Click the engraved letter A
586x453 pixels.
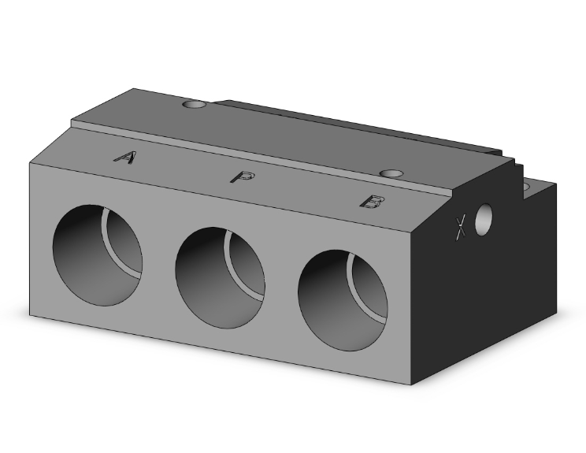point(124,158)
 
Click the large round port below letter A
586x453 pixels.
point(98,254)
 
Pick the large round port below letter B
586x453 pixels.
point(343,301)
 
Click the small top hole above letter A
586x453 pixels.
point(192,104)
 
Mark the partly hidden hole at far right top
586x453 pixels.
point(526,187)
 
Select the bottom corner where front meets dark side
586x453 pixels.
point(411,385)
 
